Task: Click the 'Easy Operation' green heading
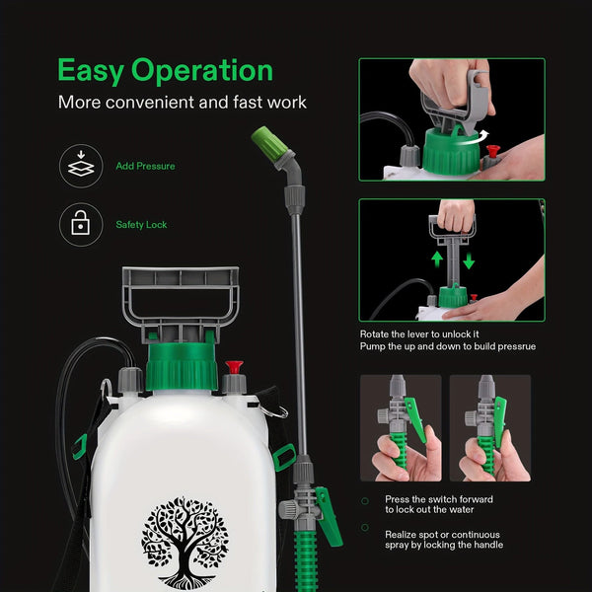pos(165,71)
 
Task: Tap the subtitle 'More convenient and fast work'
pos(183,103)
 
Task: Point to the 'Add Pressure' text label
pos(145,167)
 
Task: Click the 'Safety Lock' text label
pos(141,225)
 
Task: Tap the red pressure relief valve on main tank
pos(234,368)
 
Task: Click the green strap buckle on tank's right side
pos(285,456)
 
